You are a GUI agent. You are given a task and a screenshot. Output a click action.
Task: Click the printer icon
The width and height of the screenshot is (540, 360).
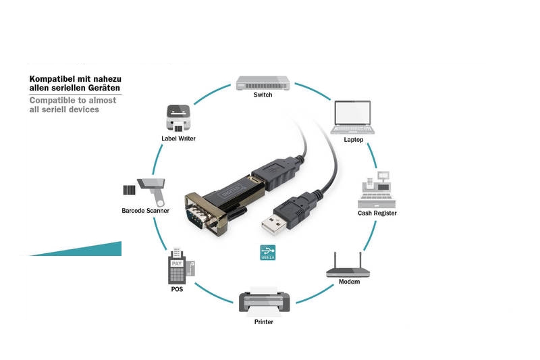click(263, 299)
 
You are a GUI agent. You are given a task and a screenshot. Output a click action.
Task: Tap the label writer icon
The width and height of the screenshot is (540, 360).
click(178, 118)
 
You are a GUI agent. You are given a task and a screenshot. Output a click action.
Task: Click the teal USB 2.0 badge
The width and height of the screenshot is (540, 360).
click(268, 252)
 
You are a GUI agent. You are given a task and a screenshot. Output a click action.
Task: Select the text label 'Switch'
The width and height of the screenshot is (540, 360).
click(263, 95)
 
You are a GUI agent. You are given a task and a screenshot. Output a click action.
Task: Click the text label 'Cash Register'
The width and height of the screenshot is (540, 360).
click(377, 213)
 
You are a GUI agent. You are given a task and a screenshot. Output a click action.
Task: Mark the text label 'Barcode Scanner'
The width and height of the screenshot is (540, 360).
click(145, 211)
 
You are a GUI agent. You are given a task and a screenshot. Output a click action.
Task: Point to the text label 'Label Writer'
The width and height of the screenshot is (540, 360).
click(178, 138)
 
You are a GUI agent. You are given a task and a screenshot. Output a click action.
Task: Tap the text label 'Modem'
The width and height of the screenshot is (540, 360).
click(349, 282)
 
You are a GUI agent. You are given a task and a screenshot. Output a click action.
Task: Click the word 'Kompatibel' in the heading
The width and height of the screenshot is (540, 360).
click(51, 79)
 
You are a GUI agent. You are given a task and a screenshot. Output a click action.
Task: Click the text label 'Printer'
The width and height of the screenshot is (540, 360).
click(263, 322)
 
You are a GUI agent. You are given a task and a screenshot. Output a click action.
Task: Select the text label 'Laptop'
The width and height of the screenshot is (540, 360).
click(353, 140)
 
